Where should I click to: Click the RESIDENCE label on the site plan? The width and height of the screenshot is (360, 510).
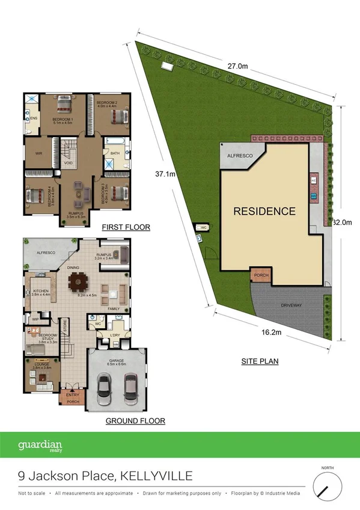click(264, 211)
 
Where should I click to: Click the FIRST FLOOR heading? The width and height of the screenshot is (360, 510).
click(126, 227)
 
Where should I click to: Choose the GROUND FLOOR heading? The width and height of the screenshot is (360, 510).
click(135, 421)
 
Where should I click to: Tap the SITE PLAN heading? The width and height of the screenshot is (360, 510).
click(258, 361)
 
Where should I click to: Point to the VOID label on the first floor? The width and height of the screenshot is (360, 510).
click(68, 163)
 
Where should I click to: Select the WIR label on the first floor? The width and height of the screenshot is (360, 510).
click(38, 153)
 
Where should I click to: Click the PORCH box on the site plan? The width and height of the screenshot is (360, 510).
click(261, 276)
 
